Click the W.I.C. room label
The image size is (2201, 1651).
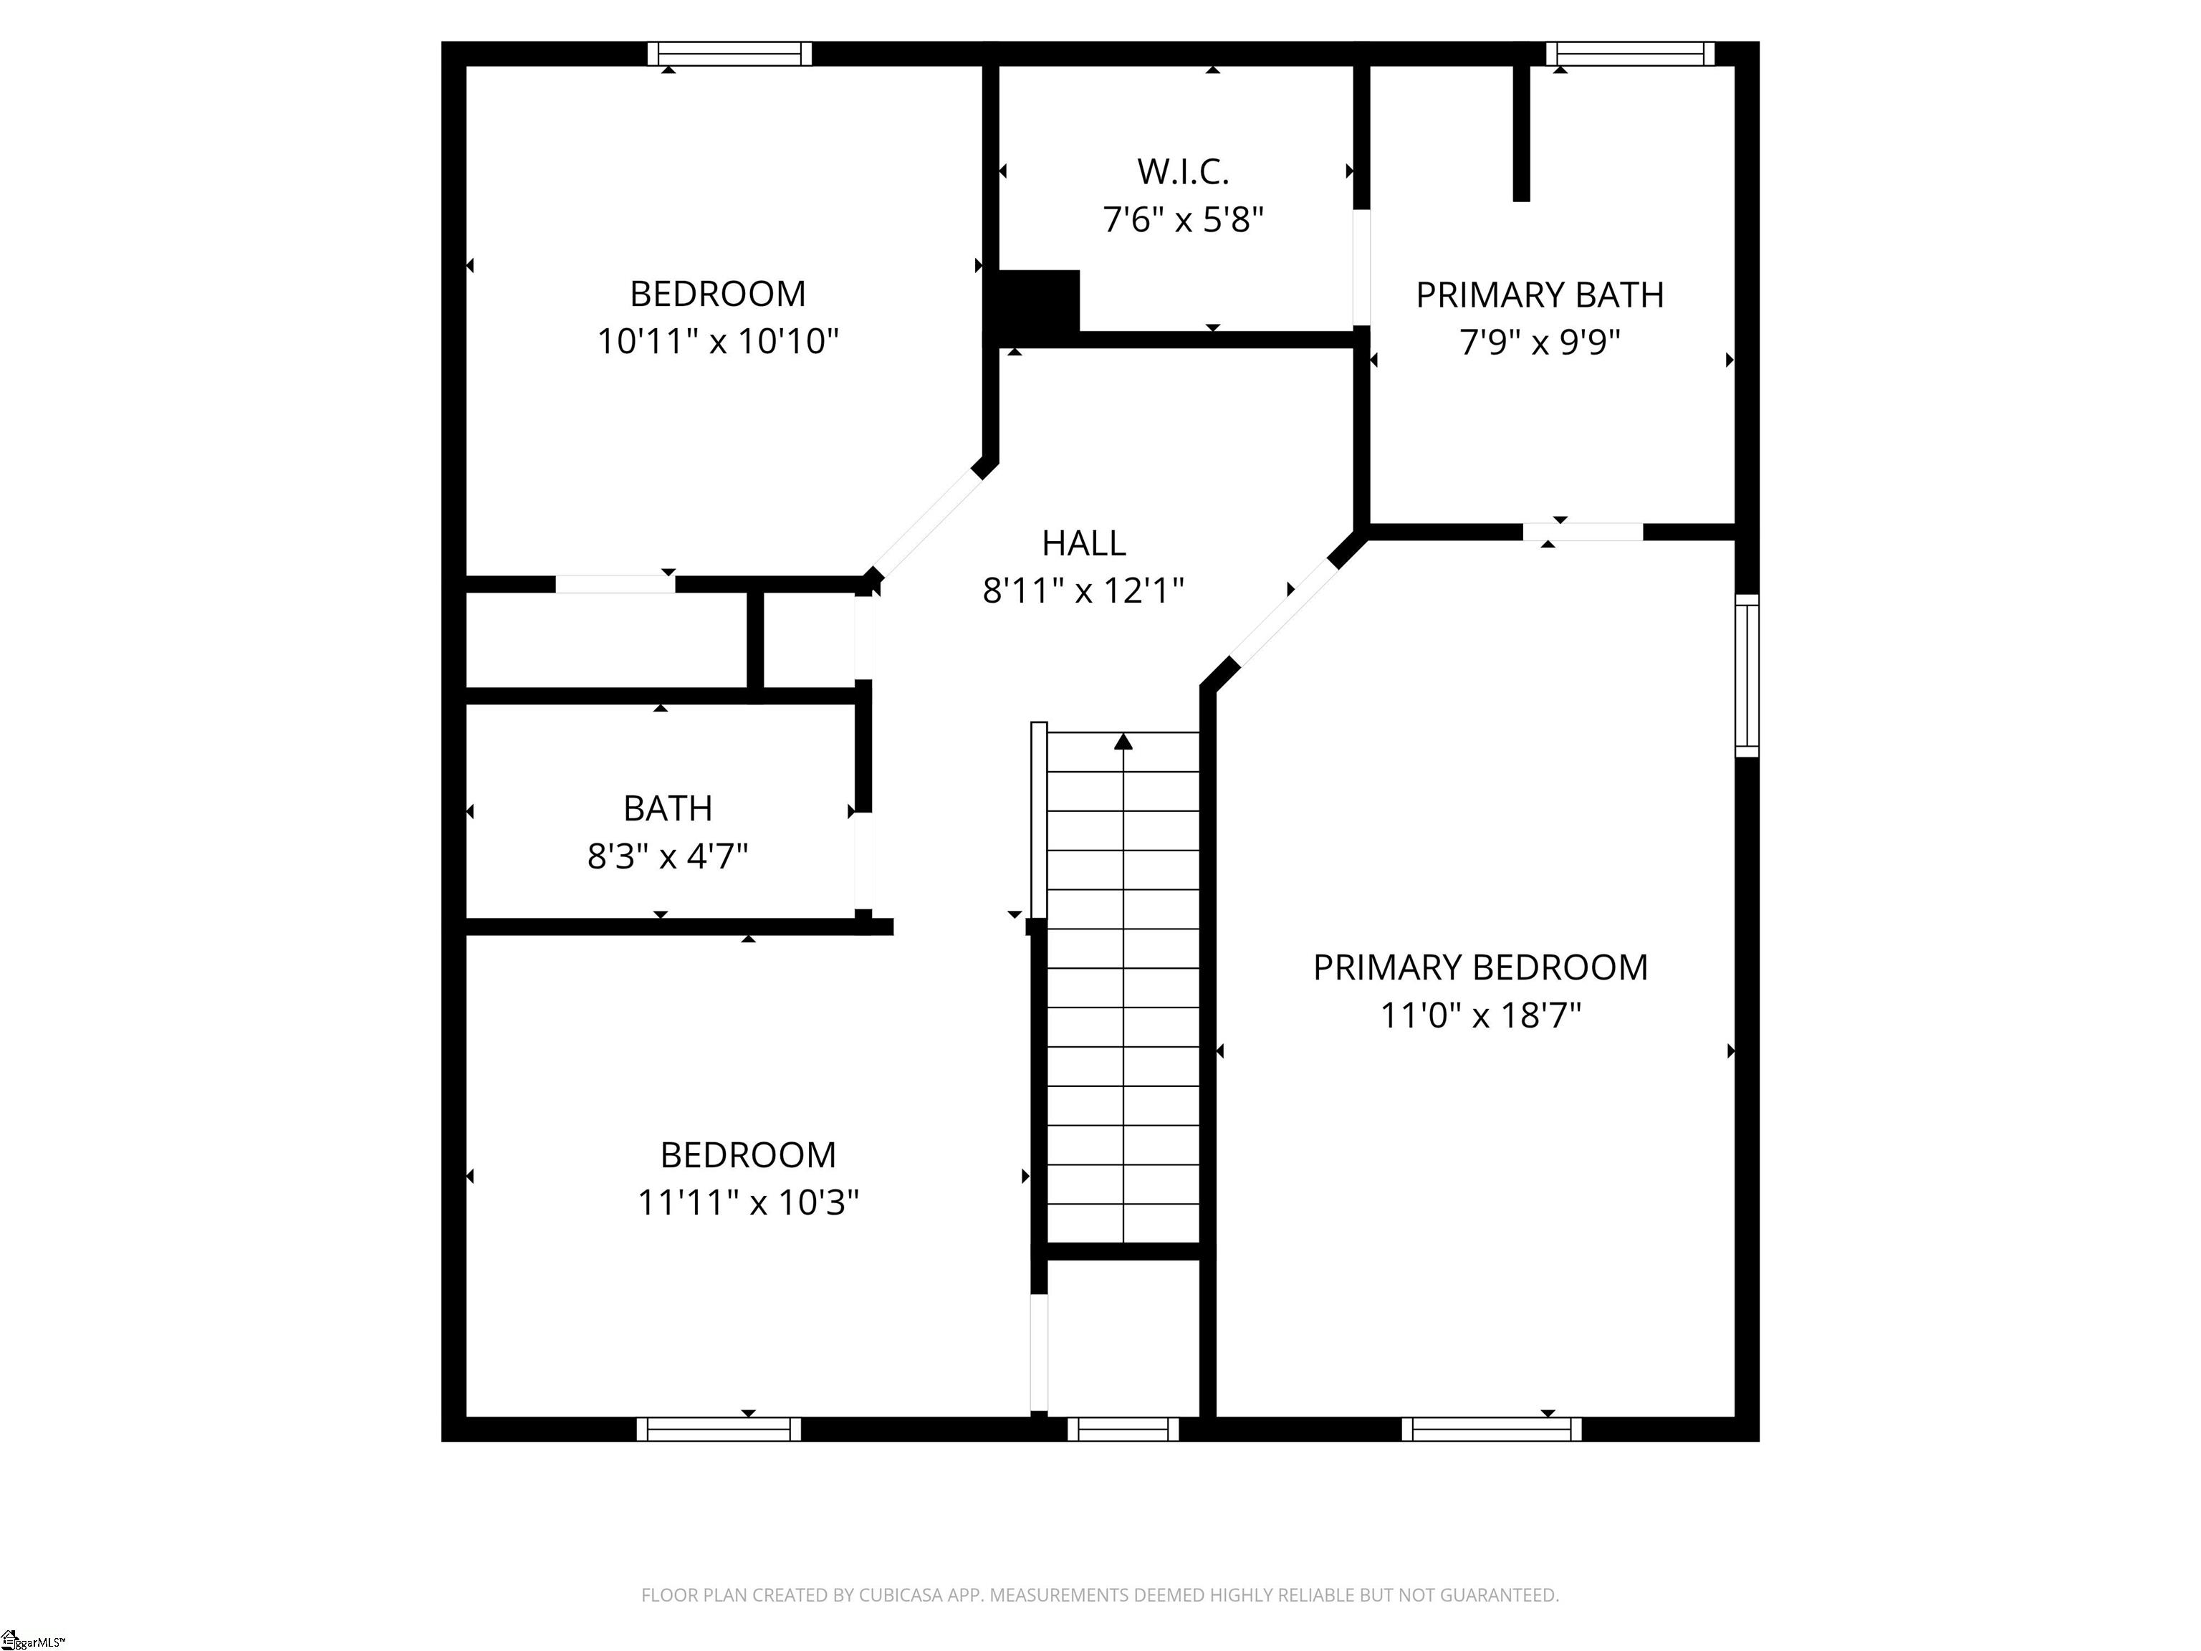click(x=1182, y=172)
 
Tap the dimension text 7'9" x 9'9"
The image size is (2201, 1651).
click(x=1538, y=343)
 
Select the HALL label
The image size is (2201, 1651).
click(x=1083, y=543)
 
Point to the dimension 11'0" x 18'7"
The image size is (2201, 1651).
click(x=1480, y=1015)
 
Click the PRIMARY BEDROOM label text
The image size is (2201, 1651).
click(x=1480, y=967)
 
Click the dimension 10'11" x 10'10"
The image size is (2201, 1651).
click(x=716, y=341)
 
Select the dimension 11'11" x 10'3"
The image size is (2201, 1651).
click(x=747, y=1202)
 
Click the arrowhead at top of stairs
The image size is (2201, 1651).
click(x=1123, y=742)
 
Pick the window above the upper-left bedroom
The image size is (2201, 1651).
click(x=729, y=54)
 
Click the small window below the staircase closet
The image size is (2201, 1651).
click(x=1123, y=1429)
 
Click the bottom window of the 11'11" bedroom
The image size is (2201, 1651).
click(x=719, y=1429)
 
